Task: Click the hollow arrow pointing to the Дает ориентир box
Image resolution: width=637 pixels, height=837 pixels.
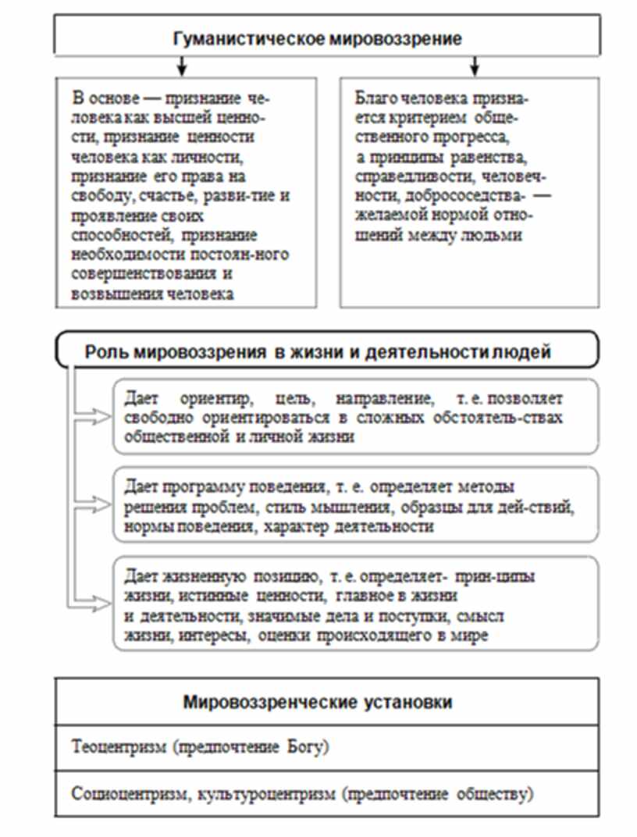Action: point(98,418)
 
